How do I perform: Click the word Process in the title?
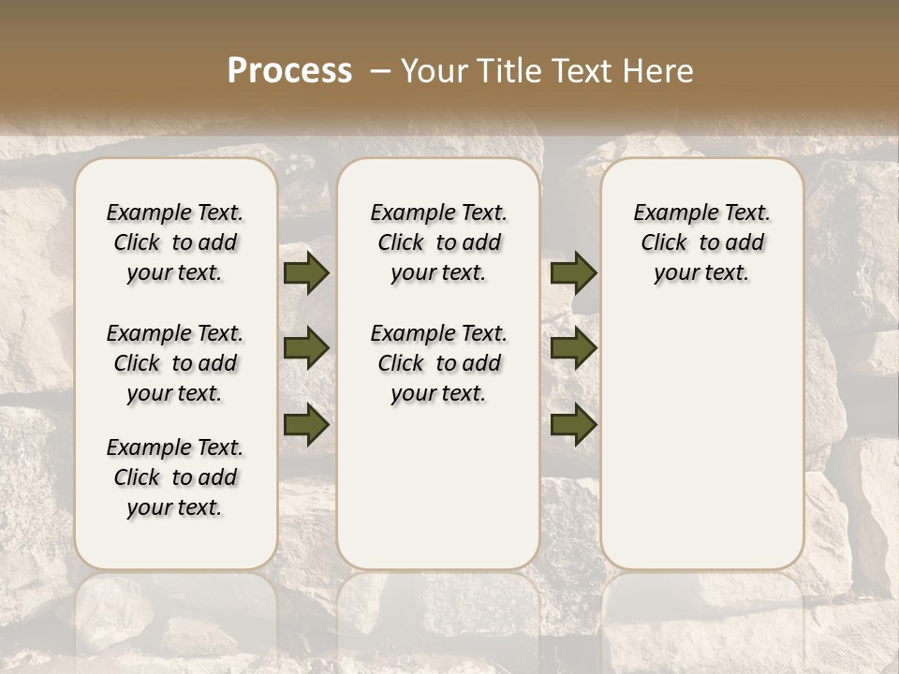coord(289,71)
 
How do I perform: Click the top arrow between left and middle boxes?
coord(306,273)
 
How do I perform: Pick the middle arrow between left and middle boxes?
coord(306,348)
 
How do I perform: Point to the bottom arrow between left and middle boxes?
coord(306,424)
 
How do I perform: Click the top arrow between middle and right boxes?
coord(573,273)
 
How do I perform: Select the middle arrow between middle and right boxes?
coord(573,348)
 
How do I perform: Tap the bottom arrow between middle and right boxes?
coord(573,424)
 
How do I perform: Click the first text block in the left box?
coord(175,242)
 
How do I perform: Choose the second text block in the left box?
coord(175,363)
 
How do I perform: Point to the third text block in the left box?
coord(175,477)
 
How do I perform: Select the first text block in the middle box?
coord(438,242)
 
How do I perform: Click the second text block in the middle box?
coord(438,363)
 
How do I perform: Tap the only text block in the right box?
coord(701,242)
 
